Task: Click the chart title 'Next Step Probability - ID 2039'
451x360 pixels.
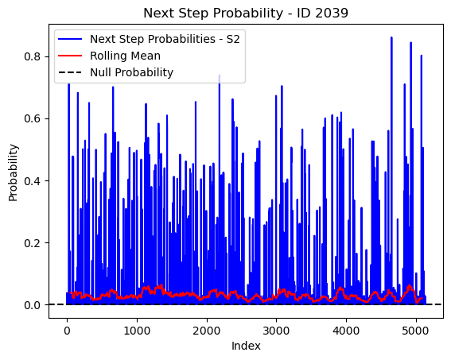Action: pos(246,13)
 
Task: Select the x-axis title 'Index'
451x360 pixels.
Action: pos(246,346)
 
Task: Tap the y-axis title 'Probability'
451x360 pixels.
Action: pos(14,172)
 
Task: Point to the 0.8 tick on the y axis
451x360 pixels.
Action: pos(32,56)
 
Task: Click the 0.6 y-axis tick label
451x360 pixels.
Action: pos(32,118)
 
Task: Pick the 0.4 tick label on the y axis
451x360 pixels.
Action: pos(32,180)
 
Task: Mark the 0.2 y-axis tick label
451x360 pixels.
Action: pos(32,242)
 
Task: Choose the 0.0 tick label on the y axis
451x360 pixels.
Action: pos(32,305)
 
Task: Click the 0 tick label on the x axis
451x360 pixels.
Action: pos(67,331)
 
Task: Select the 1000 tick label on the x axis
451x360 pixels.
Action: pos(137,331)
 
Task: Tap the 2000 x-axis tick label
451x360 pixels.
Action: pos(207,331)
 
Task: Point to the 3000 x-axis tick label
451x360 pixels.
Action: pos(277,331)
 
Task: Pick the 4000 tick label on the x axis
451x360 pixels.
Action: pos(346,331)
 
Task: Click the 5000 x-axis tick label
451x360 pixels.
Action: pos(416,331)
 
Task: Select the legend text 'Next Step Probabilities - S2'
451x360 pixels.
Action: pos(165,39)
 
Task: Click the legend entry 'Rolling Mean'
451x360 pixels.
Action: pos(125,56)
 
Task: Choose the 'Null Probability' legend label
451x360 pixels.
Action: pos(131,72)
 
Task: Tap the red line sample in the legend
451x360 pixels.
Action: pos(70,56)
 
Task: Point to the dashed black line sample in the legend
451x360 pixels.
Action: pos(70,72)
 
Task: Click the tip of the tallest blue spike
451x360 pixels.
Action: pos(391,37)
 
